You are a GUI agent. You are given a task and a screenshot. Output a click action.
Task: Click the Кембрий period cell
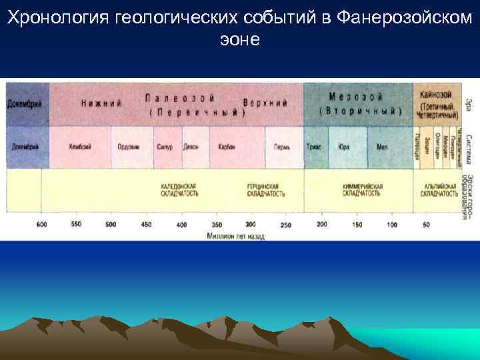click(80, 147)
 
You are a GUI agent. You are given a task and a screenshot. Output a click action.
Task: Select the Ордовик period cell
click(127, 147)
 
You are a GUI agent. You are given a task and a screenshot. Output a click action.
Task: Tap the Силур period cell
click(164, 147)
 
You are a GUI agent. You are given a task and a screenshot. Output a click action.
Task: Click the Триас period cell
click(313, 147)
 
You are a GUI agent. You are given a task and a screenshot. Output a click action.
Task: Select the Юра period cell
click(344, 147)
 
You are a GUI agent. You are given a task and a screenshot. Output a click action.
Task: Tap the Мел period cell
click(382, 147)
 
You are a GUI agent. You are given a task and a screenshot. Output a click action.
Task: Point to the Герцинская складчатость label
click(267, 189)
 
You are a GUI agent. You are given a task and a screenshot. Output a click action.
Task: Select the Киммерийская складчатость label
click(362, 189)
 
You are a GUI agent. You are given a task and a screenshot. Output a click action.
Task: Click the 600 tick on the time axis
click(41, 225)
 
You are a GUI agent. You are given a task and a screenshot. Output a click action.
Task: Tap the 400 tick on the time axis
click(181, 225)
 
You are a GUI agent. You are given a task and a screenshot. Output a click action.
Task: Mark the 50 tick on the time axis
click(426, 225)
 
